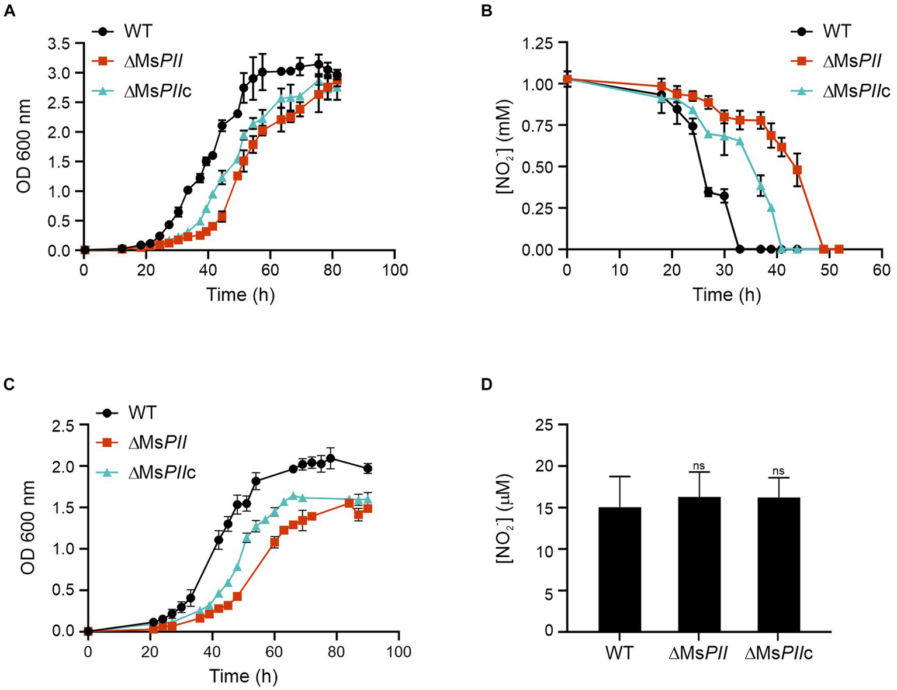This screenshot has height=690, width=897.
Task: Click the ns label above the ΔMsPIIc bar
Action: tap(778, 471)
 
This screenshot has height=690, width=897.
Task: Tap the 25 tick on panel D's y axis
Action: tap(545, 425)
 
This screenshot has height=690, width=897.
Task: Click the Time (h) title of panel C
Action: tap(243, 676)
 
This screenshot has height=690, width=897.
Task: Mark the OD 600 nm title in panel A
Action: tap(23, 146)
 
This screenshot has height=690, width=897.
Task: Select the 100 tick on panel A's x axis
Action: tap(394, 270)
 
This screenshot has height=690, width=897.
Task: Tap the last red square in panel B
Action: tap(839, 250)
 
